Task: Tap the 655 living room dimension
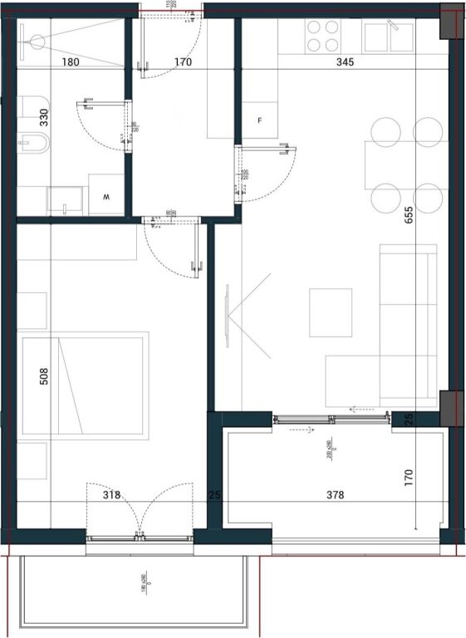coord(408,217)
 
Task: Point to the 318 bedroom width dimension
coord(111,495)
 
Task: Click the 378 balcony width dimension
coord(334,495)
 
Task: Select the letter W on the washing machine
coord(106,198)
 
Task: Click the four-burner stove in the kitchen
coord(324,36)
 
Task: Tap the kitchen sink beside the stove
coord(388,36)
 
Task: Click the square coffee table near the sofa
coord(331,312)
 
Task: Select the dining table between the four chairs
coord(405,165)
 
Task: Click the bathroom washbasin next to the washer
coord(65,199)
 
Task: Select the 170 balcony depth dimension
coord(408,477)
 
